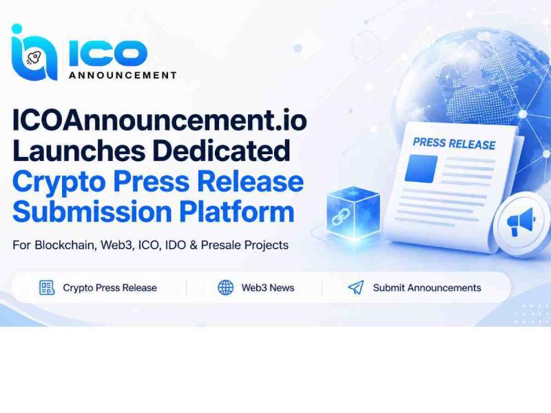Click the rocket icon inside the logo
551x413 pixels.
[34, 58]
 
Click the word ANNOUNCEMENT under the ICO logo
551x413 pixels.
[123, 75]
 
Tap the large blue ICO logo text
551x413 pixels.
[108, 53]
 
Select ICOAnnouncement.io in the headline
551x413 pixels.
[160, 120]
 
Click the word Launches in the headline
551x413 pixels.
[79, 151]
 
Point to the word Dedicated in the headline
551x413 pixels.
[222, 151]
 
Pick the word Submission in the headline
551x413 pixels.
[92, 212]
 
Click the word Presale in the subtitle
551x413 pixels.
[221, 245]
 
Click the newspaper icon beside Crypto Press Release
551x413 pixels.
[47, 288]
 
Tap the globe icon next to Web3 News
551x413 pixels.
[226, 288]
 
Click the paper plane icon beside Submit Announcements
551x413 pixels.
[355, 287]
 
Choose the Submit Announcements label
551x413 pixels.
[427, 288]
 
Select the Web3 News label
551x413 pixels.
[268, 288]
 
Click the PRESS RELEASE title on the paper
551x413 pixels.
[454, 144]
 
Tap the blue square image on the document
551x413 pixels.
[421, 169]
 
